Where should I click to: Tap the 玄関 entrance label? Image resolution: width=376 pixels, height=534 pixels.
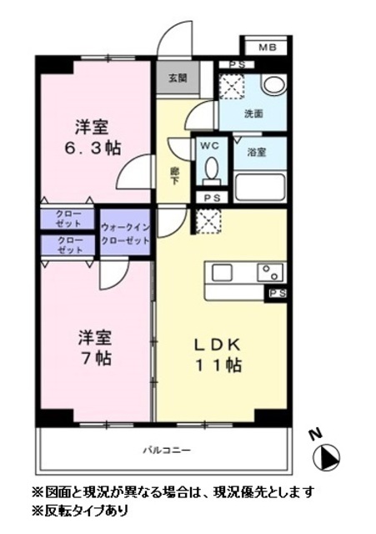tap(177, 78)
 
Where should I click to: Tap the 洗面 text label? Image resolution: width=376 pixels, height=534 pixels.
tap(253, 114)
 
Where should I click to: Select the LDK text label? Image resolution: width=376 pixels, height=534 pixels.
tap(218, 344)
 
